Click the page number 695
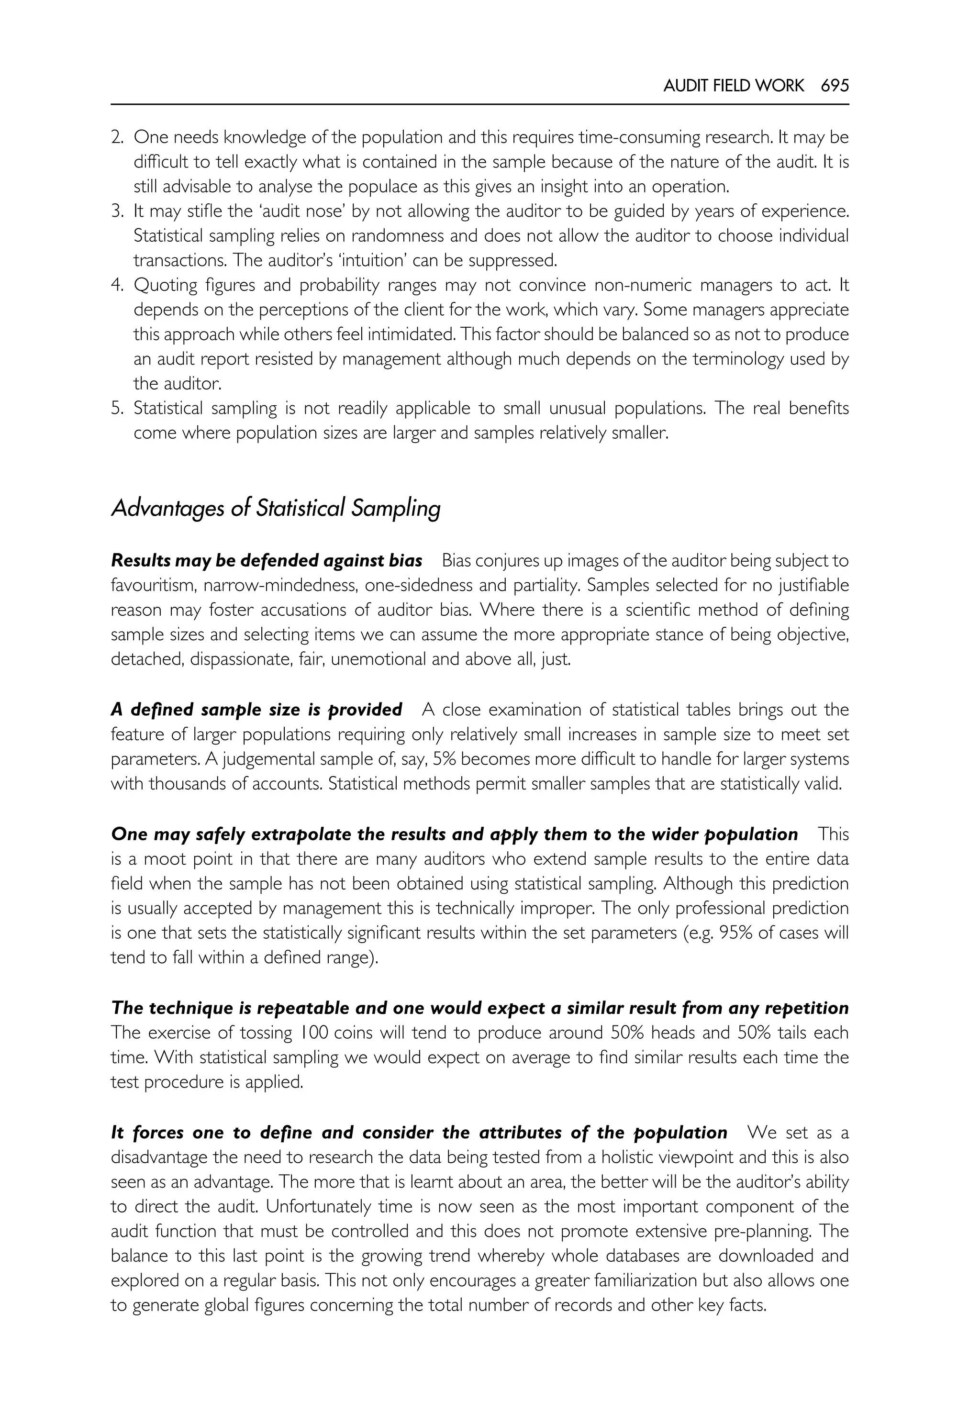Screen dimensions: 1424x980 [835, 85]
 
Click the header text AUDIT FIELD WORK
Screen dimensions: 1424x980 [733, 85]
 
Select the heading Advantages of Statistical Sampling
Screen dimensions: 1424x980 [276, 509]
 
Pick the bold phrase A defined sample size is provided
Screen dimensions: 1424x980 [256, 710]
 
